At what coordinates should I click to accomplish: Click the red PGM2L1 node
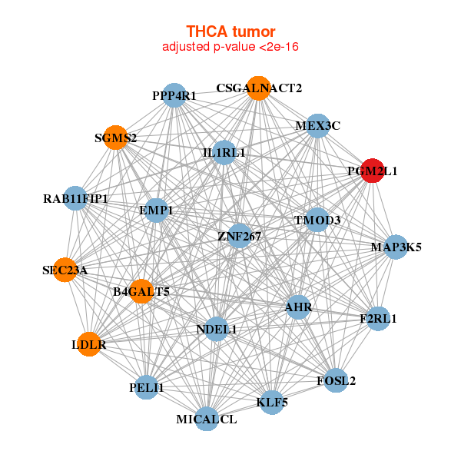pyautogui.click(x=373, y=171)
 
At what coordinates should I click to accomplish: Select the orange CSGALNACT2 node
pyautogui.click(x=259, y=88)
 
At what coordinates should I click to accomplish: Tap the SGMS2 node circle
pyautogui.click(x=116, y=138)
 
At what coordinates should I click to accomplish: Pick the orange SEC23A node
pyautogui.click(x=65, y=270)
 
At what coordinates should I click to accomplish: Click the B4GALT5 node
pyautogui.click(x=141, y=290)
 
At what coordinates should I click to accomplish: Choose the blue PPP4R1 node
pyautogui.click(x=175, y=95)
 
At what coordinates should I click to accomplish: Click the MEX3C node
pyautogui.click(x=318, y=125)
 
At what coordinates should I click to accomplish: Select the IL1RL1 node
pyautogui.click(x=224, y=152)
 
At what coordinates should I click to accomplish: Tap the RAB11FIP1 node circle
pyautogui.click(x=75, y=199)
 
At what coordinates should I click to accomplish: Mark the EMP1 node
pyautogui.click(x=156, y=210)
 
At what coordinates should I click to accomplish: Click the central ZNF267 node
pyautogui.click(x=240, y=236)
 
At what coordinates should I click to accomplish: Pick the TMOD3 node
pyautogui.click(x=317, y=220)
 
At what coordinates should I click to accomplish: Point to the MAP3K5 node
pyautogui.click(x=396, y=247)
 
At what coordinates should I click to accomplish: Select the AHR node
pyautogui.click(x=298, y=307)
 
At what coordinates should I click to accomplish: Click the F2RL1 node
pyautogui.click(x=378, y=317)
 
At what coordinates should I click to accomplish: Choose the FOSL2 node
pyautogui.click(x=336, y=380)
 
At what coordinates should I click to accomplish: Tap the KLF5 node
pyautogui.click(x=272, y=401)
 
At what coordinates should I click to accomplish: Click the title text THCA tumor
pyautogui.click(x=230, y=32)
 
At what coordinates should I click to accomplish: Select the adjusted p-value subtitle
pyautogui.click(x=230, y=47)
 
